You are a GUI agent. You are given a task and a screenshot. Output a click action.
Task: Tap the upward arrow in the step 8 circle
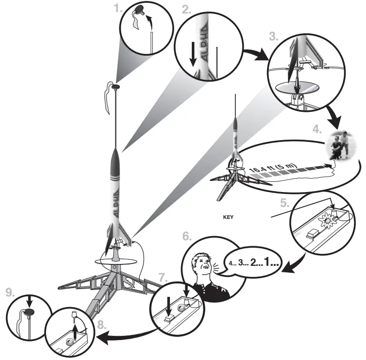75,331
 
